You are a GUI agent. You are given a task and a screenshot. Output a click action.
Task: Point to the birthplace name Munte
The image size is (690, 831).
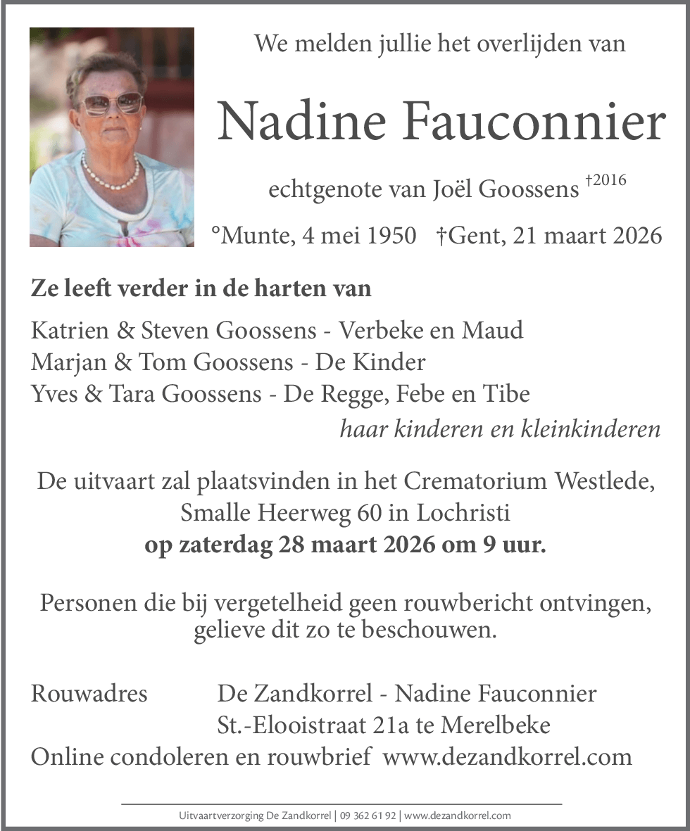(252, 235)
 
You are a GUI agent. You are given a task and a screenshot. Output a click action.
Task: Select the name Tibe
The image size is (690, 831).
(505, 393)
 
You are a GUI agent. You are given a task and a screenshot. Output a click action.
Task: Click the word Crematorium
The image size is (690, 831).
(471, 482)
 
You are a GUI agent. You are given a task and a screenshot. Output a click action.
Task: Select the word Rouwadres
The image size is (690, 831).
(89, 694)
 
